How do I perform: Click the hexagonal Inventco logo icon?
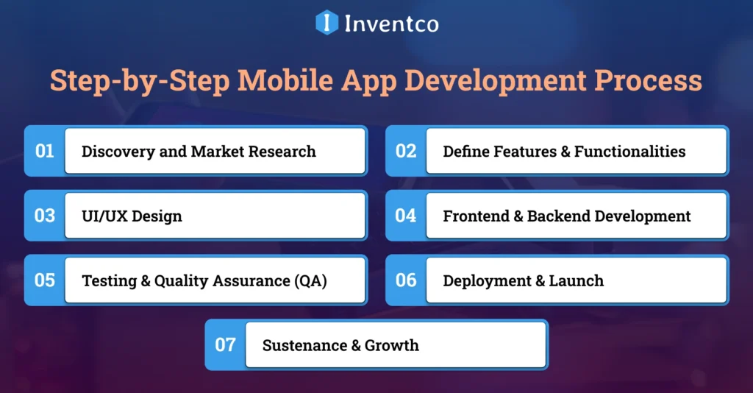(326, 23)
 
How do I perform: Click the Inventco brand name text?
(391, 24)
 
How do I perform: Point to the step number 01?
(45, 151)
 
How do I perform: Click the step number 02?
(406, 151)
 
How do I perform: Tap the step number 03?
(45, 216)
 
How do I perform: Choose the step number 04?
(406, 216)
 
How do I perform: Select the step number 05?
(45, 280)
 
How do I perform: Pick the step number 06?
(406, 280)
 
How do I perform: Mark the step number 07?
(225, 344)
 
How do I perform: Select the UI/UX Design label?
(132, 216)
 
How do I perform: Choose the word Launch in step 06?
(577, 281)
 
